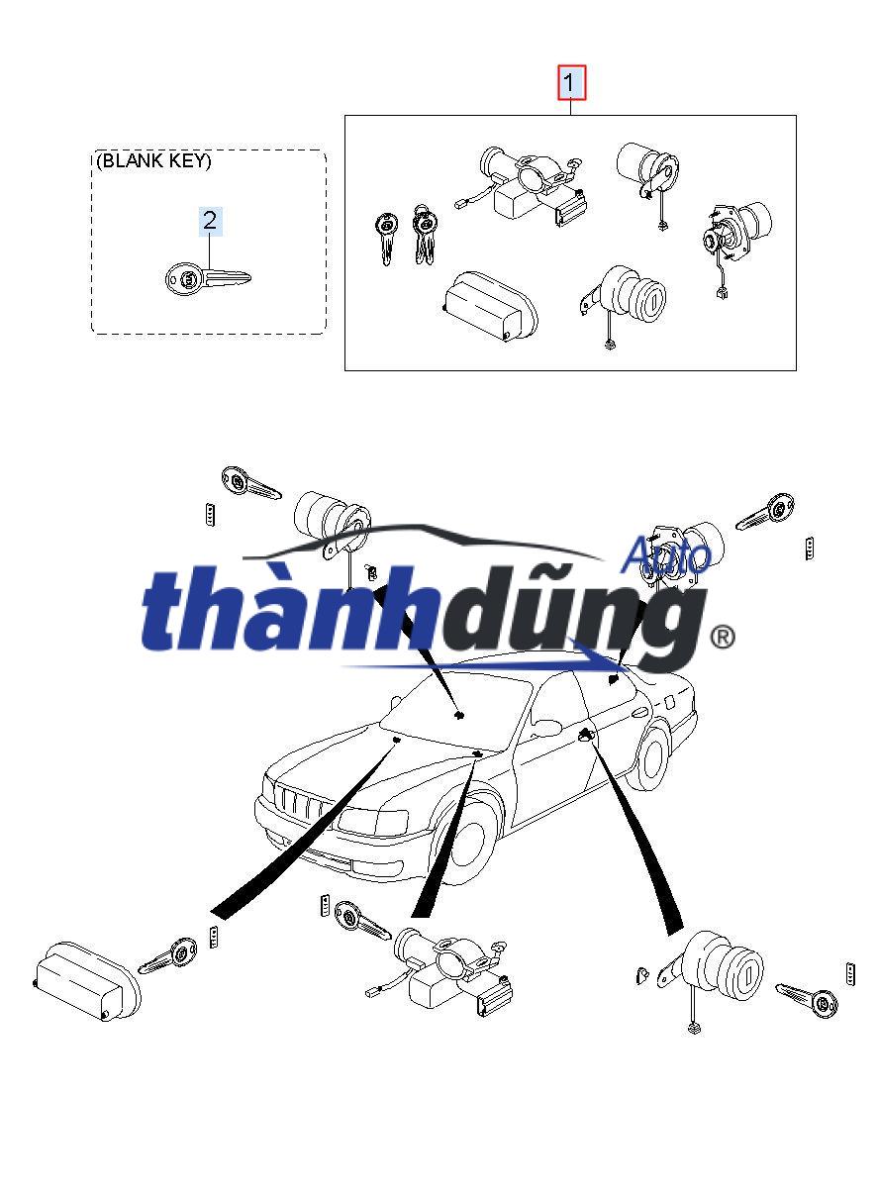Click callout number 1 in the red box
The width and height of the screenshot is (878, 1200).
[x=572, y=82]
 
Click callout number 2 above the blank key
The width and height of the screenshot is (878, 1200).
[x=209, y=220]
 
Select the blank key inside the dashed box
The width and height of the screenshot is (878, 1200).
[x=206, y=278]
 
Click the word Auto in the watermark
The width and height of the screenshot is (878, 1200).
[x=665, y=556]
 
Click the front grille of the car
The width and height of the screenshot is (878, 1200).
[x=297, y=800]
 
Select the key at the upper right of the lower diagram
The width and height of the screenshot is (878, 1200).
[x=766, y=513]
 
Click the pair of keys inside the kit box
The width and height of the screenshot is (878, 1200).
[x=407, y=234]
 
